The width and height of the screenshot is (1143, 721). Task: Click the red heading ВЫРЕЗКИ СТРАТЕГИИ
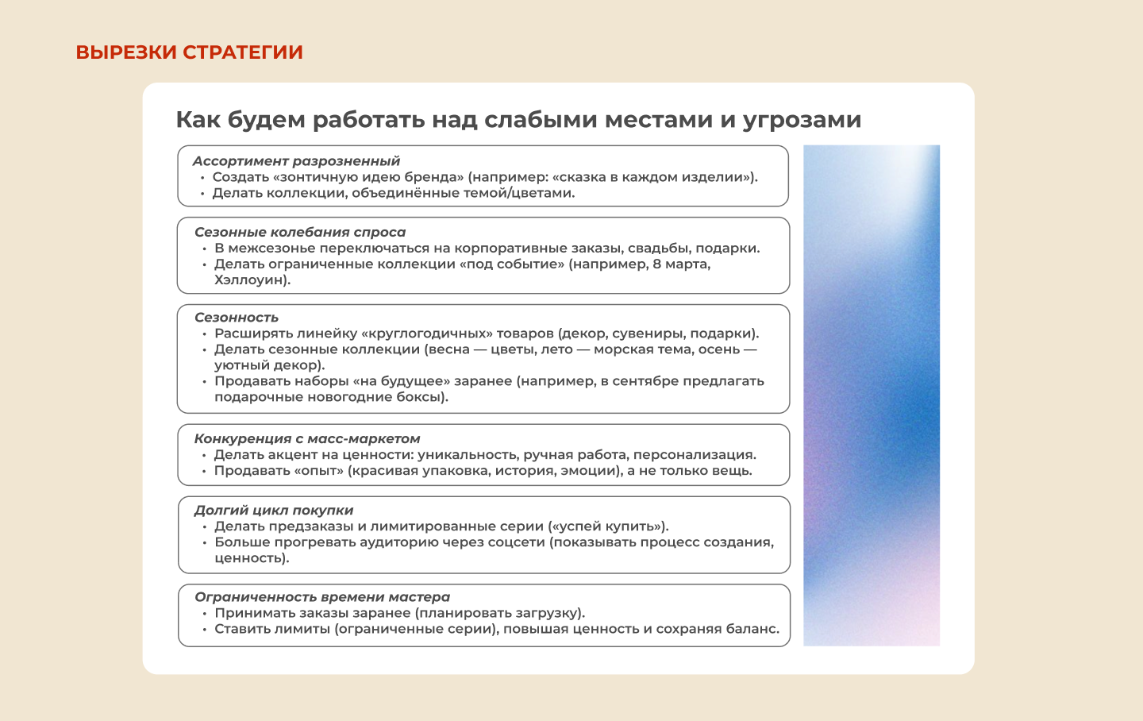[x=189, y=52]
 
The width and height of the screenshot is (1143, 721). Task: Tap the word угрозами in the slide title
[x=802, y=120]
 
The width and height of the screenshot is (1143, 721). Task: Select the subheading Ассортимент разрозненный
[x=296, y=161]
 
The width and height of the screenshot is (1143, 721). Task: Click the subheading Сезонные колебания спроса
[x=300, y=233]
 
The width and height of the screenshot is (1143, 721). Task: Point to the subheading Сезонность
[x=237, y=318]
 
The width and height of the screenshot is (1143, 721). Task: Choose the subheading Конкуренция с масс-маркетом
[x=307, y=439]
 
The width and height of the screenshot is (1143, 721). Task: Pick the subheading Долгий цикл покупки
[x=274, y=511]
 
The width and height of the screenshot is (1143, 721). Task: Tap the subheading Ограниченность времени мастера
[x=322, y=597]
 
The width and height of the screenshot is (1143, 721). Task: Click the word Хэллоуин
[x=250, y=280]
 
